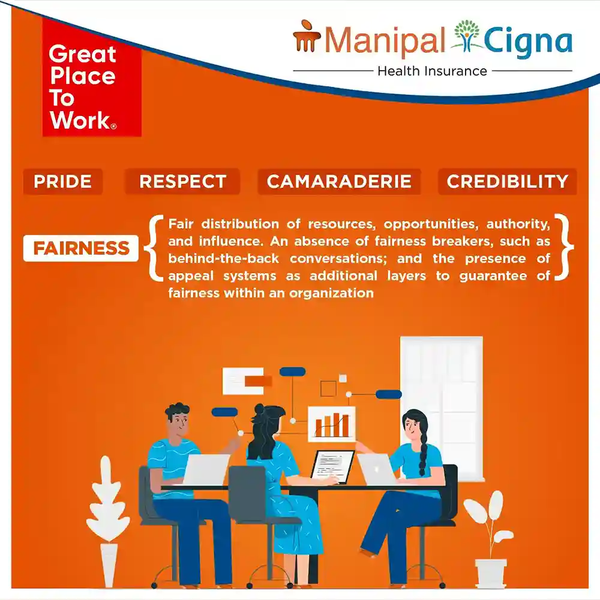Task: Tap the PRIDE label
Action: [x=63, y=182]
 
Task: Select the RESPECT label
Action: [x=182, y=182]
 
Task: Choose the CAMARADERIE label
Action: [x=339, y=182]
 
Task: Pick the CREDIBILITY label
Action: [x=507, y=182]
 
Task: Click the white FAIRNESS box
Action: [x=81, y=248]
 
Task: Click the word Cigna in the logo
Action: [x=528, y=41]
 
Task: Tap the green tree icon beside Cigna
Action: [x=466, y=36]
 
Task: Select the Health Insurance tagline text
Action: [x=432, y=71]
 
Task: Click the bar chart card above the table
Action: [x=332, y=424]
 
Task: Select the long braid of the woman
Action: [x=422, y=451]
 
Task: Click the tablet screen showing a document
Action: [x=332, y=467]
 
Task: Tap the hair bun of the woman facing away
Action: [x=259, y=409]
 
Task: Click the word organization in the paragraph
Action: [x=331, y=294]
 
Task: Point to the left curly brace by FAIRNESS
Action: [x=152, y=248]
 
